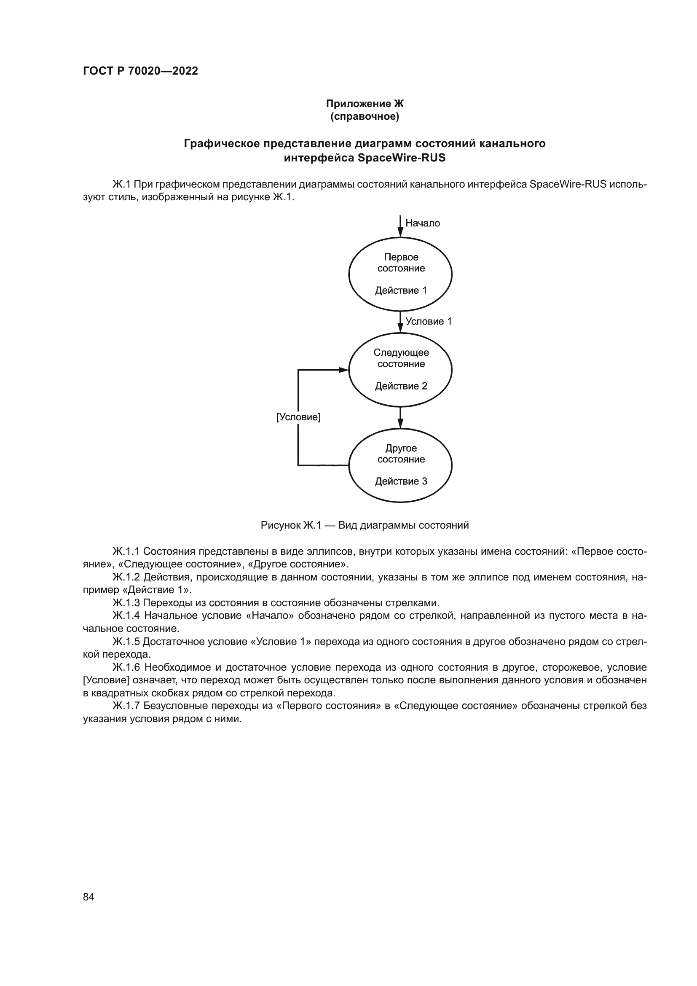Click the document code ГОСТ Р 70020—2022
point(140,71)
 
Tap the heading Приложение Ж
point(365,104)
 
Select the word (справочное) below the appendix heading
point(365,117)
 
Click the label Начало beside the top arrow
point(422,223)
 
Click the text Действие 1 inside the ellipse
point(401,291)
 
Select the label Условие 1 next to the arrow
point(428,322)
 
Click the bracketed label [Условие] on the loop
point(298,417)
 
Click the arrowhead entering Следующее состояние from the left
point(344,370)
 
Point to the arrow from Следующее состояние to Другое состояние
point(400,418)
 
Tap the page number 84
point(88,897)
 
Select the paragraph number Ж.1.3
point(126,603)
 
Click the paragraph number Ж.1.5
point(126,642)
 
